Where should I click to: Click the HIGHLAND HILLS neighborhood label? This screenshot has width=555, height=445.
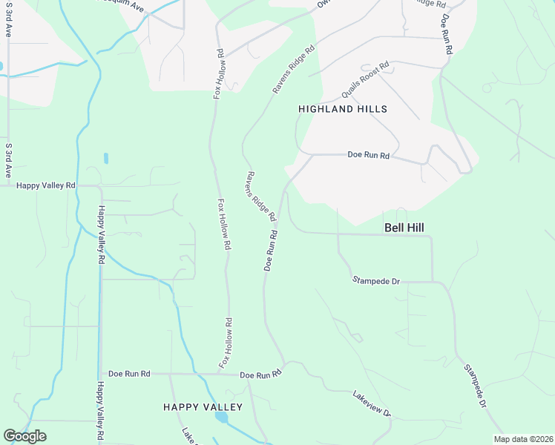343,109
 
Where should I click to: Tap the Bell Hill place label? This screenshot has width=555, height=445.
404,228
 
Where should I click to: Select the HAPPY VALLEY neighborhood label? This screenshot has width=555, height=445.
203,407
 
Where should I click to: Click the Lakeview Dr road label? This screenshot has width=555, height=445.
372,403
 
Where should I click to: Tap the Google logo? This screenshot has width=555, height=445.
24,436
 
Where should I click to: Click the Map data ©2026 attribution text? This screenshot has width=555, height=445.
523,439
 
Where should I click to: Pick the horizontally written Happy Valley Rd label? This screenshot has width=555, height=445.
46,185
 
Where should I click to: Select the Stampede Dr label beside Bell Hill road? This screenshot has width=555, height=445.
376,281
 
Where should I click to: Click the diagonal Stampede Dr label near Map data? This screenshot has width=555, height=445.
474,386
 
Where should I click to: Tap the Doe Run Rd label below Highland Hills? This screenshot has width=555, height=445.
369,155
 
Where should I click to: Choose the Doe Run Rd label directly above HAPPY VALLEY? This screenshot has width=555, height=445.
262,375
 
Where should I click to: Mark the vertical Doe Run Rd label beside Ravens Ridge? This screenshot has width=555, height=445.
271,250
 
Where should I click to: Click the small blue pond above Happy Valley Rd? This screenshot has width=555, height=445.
106,158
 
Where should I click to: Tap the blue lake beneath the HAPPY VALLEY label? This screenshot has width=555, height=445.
221,418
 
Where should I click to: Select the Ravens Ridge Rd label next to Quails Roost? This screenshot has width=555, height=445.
294,70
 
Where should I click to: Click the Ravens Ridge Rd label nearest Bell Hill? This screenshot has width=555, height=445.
260,197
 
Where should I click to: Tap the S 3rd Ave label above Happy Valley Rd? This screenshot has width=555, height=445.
9,159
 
